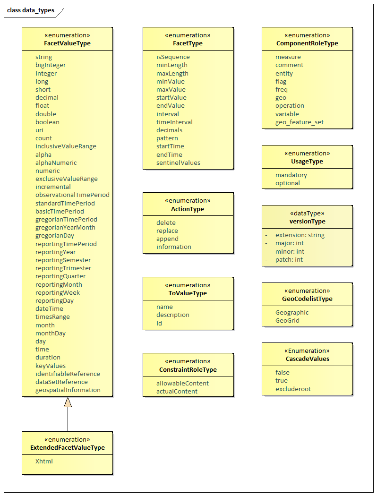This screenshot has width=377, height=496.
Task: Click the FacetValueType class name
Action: (67, 43)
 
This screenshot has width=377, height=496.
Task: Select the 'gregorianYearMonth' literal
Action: (65, 227)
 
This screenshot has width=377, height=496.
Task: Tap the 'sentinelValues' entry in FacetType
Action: (178, 162)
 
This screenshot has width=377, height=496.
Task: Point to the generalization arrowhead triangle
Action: (68, 402)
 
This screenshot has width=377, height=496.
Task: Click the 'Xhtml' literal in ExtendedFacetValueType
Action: (44, 461)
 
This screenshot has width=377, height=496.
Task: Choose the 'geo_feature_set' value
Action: (299, 122)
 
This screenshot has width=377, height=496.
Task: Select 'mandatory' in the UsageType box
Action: (291, 175)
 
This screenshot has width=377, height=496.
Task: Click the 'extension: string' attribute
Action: (300, 235)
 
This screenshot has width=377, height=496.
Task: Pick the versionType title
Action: (307, 222)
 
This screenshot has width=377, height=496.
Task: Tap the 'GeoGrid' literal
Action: (287, 320)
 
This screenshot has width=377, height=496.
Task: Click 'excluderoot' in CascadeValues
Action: (293, 389)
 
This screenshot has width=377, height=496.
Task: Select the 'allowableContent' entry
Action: (182, 384)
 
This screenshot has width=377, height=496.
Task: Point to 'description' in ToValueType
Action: (173, 315)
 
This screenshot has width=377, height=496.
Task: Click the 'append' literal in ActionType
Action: (167, 239)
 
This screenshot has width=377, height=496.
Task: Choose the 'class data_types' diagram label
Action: (31, 10)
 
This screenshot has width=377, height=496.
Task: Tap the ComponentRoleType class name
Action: (307, 43)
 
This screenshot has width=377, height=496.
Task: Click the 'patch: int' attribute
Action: (289, 260)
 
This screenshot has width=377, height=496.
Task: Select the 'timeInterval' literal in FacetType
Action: (174, 122)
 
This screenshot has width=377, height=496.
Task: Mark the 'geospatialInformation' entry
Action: (68, 390)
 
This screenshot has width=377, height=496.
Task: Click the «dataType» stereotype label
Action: (307, 213)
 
